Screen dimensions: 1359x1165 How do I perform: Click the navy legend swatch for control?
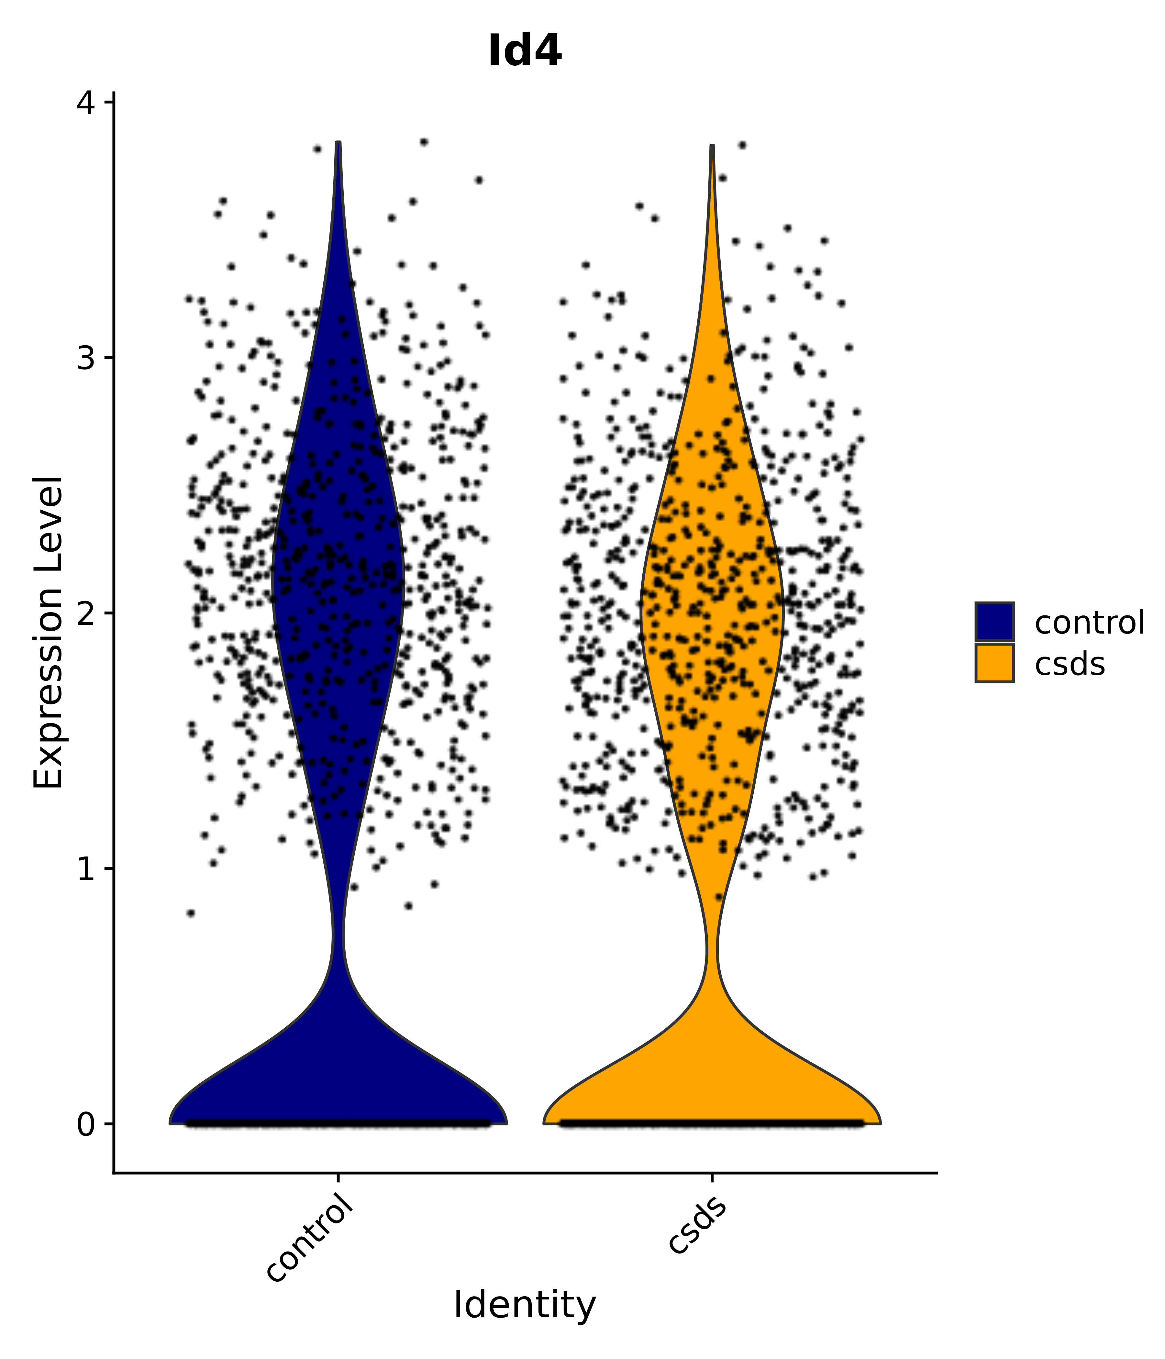(994, 621)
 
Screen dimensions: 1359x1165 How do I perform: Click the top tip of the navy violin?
(338, 143)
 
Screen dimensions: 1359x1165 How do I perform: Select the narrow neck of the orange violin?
(712, 948)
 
